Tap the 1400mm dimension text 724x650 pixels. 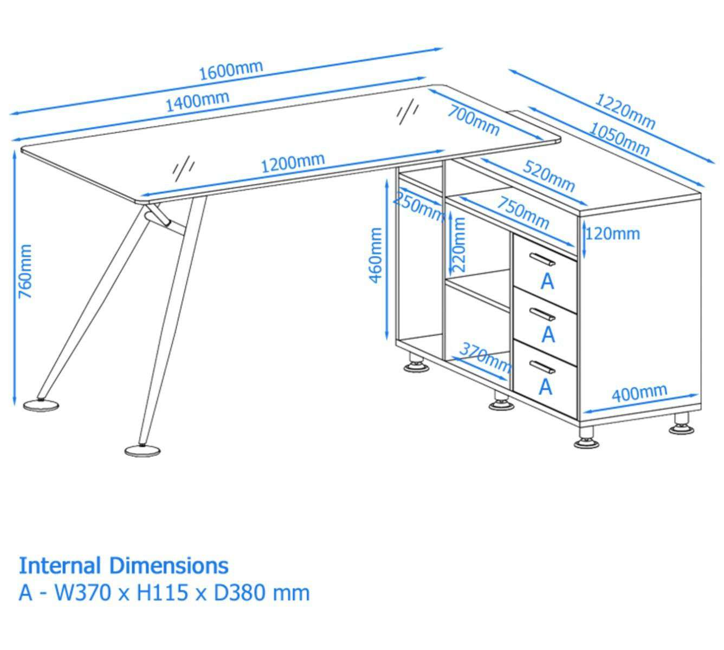coord(198,101)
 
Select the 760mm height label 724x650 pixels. coord(25,271)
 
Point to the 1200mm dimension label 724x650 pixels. coord(293,163)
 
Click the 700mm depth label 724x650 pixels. coord(473,120)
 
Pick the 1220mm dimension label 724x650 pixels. coord(625,112)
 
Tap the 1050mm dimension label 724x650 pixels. coord(618,139)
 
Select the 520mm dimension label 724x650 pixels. coord(549,177)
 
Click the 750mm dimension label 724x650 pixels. coord(523,213)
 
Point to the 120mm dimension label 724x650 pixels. coord(613,235)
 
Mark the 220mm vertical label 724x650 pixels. coord(459,245)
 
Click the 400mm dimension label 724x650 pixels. coord(639,393)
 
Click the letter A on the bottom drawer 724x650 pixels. coord(546,387)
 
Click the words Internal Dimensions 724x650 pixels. coord(124,566)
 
